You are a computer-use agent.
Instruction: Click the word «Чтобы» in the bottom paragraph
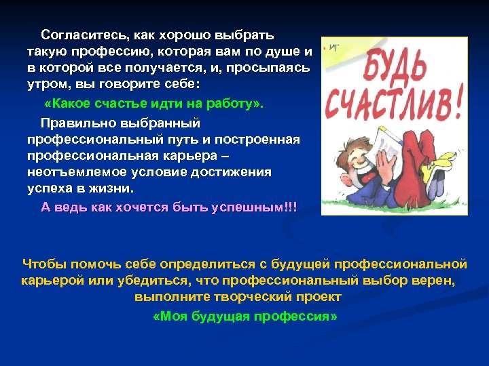tap(44, 263)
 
